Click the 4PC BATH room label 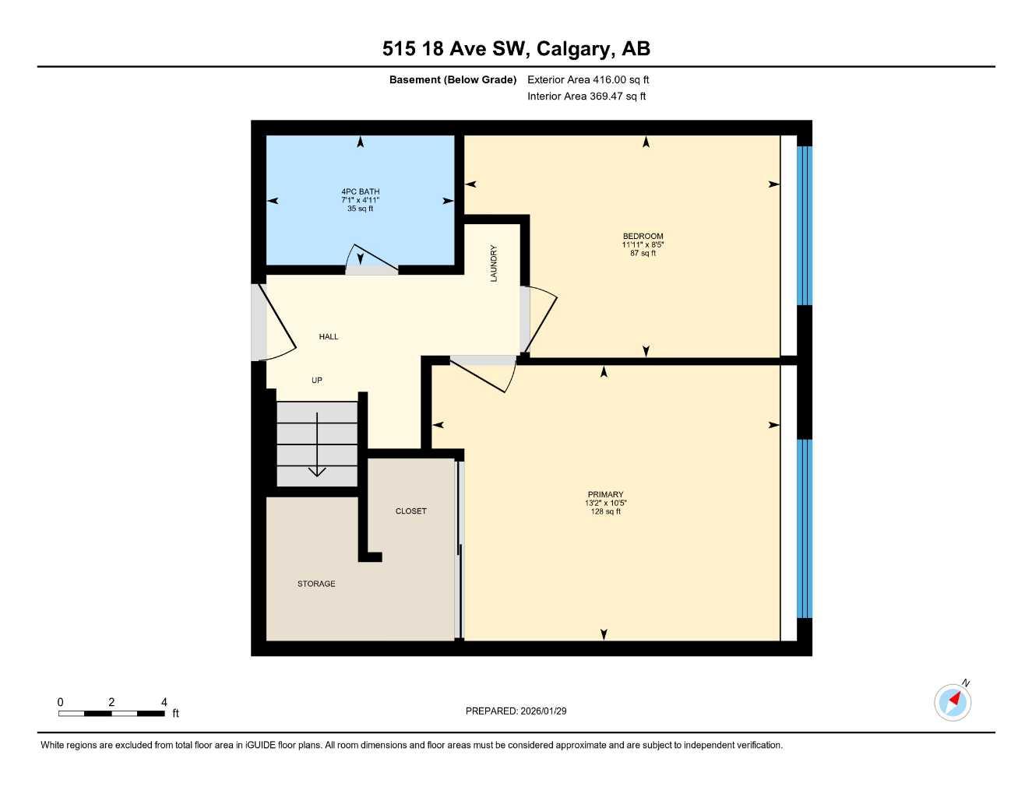[360, 191]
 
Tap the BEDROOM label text [643, 237]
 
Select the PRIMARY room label [605, 494]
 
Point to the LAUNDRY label [494, 263]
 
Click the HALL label [329, 337]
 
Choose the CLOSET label [410, 511]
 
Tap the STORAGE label [316, 584]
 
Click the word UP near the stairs [317, 381]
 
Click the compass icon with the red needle [953, 702]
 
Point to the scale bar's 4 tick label [164, 702]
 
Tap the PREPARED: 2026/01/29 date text [516, 711]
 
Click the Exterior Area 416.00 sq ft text [588, 79]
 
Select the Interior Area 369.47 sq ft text [586, 97]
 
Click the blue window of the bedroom [804, 226]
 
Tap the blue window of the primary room [804, 528]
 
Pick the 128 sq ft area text [605, 512]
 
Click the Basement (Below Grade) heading [453, 79]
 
